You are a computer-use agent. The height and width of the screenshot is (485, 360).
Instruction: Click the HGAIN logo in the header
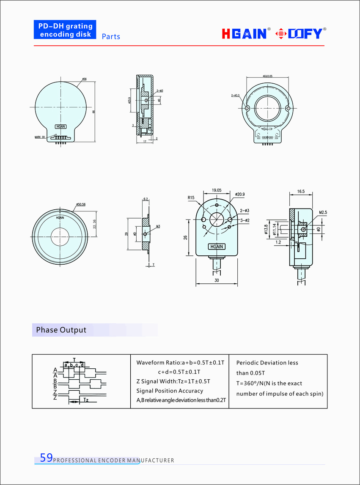click(x=244, y=34)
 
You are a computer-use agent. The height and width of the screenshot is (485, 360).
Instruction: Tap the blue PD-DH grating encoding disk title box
click(x=65, y=30)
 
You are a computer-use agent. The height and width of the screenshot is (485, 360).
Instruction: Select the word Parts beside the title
click(x=111, y=37)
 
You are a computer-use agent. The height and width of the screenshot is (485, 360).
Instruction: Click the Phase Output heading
click(x=61, y=330)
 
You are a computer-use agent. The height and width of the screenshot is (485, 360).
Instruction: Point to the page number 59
click(x=46, y=458)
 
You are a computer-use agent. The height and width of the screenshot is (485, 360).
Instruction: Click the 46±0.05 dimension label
click(x=267, y=76)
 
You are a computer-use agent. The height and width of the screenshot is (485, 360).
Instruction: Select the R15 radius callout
click(x=191, y=197)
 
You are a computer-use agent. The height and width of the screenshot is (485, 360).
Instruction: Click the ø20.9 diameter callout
click(x=239, y=194)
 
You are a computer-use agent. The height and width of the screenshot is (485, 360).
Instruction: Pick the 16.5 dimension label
click(x=301, y=192)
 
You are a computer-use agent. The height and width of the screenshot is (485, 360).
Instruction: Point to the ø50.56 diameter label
click(x=80, y=204)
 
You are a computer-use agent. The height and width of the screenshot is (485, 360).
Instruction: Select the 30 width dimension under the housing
click(x=217, y=280)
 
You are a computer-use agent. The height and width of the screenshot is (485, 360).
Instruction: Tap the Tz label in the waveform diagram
click(x=85, y=400)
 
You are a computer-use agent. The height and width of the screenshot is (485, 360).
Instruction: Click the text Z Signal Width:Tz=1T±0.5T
click(x=173, y=381)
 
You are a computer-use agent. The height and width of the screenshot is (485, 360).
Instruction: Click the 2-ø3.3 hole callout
click(x=235, y=96)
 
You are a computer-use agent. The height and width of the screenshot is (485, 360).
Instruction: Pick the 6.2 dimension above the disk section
click(x=146, y=199)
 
